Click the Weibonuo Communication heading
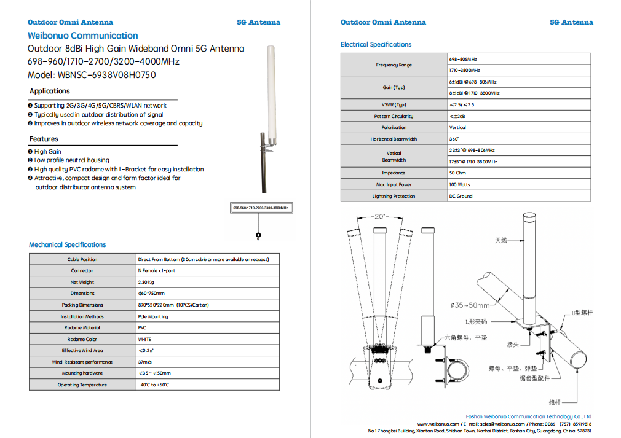tap(83, 36)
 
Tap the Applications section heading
tap(50, 91)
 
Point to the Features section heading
tap(44, 139)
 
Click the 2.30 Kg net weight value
tap(146, 282)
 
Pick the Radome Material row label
tap(82, 327)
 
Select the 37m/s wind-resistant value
tap(145, 362)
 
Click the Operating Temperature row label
tap(82, 385)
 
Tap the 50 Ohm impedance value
tap(457, 173)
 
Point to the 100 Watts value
tap(459, 184)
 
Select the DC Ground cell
tap(461, 196)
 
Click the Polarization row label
tap(394, 127)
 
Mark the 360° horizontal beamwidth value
tap(454, 139)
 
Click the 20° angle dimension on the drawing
tap(379, 216)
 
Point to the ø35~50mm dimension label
tap(470, 305)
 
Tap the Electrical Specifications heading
tap(376, 44)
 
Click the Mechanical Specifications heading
tap(68, 244)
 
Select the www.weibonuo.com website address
tap(438, 424)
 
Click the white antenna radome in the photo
tap(269, 86)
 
